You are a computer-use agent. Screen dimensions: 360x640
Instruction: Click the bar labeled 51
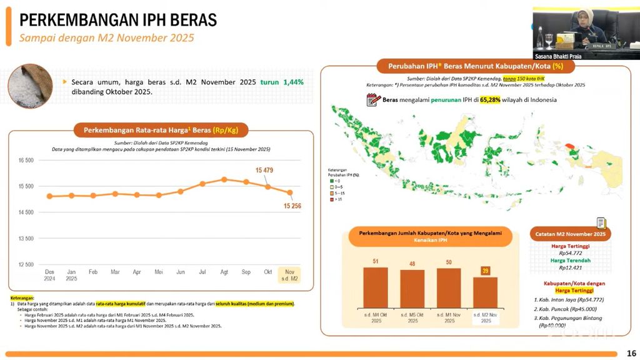(375, 287)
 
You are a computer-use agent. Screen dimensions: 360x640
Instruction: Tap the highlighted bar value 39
(485, 271)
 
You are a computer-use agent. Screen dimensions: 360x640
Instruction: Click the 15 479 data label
(264, 171)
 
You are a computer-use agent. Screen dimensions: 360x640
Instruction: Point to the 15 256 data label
(292, 206)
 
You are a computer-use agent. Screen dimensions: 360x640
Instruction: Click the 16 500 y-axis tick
(26, 161)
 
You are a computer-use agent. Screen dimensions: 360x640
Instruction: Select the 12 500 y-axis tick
(26, 264)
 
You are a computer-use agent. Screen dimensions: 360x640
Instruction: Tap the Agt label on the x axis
(224, 272)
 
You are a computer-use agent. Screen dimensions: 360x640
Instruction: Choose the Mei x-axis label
(159, 272)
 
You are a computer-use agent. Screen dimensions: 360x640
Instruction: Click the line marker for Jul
(202, 184)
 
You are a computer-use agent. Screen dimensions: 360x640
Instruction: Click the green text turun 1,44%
(282, 82)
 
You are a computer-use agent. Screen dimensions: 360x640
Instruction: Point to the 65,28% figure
(490, 99)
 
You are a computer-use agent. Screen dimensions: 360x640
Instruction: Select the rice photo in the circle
(29, 86)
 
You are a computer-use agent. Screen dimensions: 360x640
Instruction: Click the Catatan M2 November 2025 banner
(571, 234)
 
